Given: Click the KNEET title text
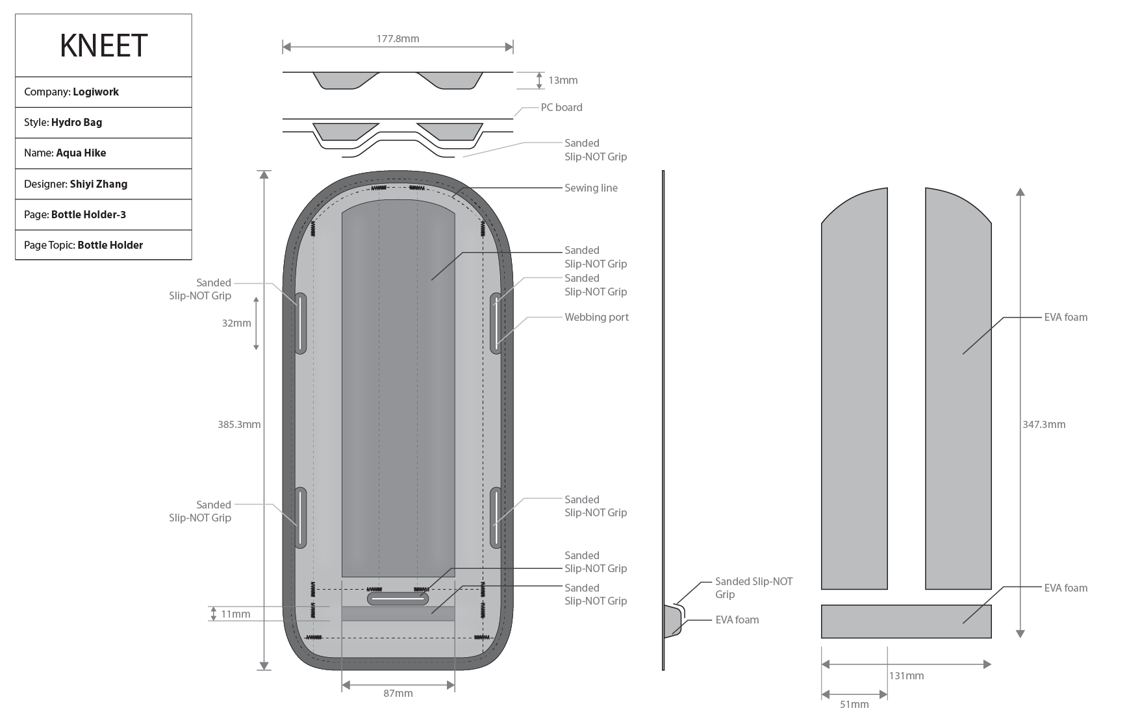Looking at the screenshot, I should (x=103, y=45).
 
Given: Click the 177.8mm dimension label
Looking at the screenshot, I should (x=398, y=39).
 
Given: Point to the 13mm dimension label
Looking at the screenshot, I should (x=563, y=81).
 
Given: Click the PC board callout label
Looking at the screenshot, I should (x=561, y=107).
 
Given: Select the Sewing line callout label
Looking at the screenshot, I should (x=590, y=188).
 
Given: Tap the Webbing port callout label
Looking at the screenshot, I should (x=596, y=317).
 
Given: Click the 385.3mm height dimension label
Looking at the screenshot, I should (x=239, y=424).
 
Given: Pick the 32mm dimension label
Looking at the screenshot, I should (x=236, y=323).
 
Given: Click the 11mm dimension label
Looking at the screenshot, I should (x=235, y=614).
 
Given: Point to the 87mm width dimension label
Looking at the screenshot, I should (x=398, y=693).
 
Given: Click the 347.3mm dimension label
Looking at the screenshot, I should (x=1044, y=424).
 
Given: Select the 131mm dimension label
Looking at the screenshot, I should (x=906, y=675).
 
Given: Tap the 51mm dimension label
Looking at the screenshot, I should (x=854, y=704).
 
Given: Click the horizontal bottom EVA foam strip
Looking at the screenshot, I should (x=906, y=621).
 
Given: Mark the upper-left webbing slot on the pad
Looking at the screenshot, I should (x=301, y=323).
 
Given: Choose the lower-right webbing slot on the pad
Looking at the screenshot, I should (x=496, y=517).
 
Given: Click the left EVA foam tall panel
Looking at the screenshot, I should (x=854, y=390).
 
